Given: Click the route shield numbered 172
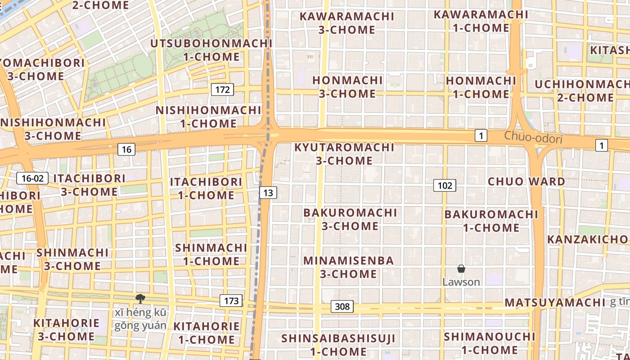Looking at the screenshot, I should [222, 90].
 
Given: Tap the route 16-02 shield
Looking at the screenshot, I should [32, 178].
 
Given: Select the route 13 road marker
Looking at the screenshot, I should [268, 193].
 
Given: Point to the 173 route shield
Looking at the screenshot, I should [231, 301].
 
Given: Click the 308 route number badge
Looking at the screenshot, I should [342, 306].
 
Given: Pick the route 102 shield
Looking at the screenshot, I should [445, 185].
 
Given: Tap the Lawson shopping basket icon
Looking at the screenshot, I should [461, 269].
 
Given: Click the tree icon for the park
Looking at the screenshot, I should [140, 298].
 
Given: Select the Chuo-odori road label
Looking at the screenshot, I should [533, 137].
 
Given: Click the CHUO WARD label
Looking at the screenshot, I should [526, 182].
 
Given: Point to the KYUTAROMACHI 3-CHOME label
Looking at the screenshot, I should [344, 154].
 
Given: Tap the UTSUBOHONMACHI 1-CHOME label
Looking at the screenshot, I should [211, 50].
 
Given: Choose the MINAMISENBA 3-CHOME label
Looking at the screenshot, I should [348, 267].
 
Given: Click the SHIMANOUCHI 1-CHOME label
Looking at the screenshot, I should [490, 343].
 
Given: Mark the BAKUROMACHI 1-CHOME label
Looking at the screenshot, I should [491, 220].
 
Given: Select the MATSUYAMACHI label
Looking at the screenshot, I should [555, 302].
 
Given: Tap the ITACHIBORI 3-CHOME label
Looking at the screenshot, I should [89, 185].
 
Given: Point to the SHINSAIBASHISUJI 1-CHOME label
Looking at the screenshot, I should [338, 345].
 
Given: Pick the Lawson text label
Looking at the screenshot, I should [461, 282].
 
